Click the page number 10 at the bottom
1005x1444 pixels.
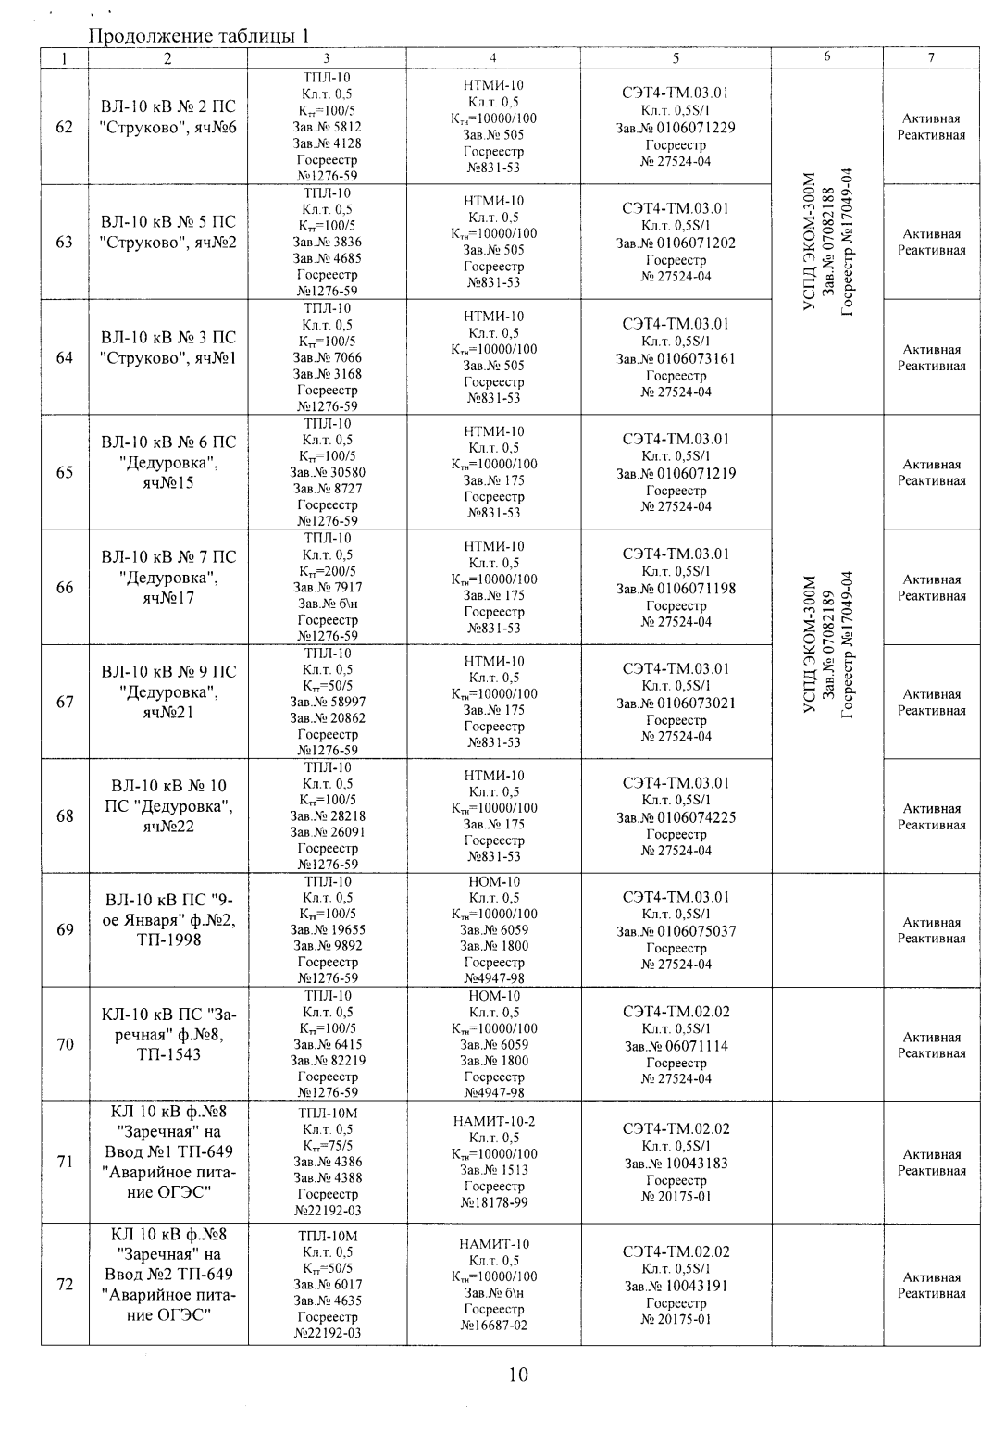point(518,1376)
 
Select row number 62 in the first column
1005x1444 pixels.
point(65,127)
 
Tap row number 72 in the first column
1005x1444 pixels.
point(65,1285)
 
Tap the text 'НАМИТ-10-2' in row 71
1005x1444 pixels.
point(493,1121)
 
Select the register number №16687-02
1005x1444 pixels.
point(493,1326)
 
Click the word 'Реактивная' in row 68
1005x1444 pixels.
point(931,825)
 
